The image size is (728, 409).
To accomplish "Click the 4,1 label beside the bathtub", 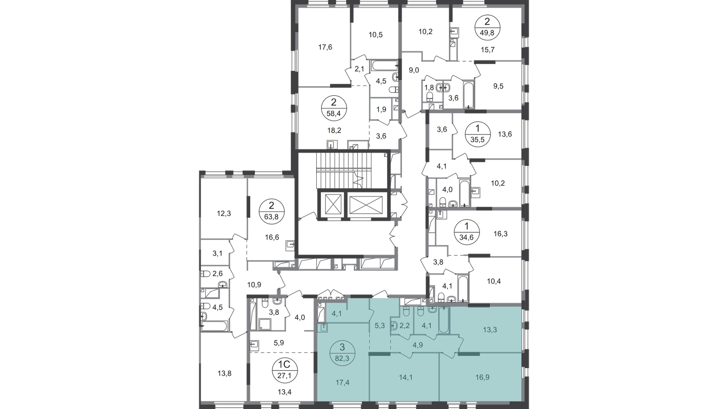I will (x=426, y=325).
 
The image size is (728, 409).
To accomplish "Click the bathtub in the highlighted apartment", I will (x=444, y=320).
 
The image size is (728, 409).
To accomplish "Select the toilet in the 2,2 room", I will (x=406, y=311).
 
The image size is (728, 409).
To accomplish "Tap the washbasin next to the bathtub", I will (x=433, y=309).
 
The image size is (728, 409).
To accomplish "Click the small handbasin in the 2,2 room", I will (x=394, y=325).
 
